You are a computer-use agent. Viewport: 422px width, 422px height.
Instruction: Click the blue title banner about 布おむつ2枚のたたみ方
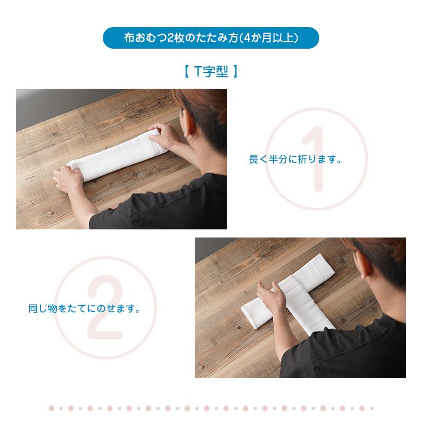211,38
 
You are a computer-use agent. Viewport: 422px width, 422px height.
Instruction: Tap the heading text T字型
211,71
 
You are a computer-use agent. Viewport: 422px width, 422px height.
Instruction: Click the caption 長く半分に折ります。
295,159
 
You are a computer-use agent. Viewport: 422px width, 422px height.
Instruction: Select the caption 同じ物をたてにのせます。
84,308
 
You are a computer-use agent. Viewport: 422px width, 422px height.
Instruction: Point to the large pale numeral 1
315,159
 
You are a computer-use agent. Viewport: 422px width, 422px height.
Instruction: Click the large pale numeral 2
105,307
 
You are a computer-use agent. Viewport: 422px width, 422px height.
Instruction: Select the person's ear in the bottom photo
362,269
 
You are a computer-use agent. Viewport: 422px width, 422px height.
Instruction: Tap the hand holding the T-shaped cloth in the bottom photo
271,295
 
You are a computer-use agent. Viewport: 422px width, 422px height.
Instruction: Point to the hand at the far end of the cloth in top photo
164,135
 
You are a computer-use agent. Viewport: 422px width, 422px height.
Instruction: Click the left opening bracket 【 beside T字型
187,71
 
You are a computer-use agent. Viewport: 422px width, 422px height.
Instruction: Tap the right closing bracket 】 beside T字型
235,71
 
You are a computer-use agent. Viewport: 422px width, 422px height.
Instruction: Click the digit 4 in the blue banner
247,38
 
